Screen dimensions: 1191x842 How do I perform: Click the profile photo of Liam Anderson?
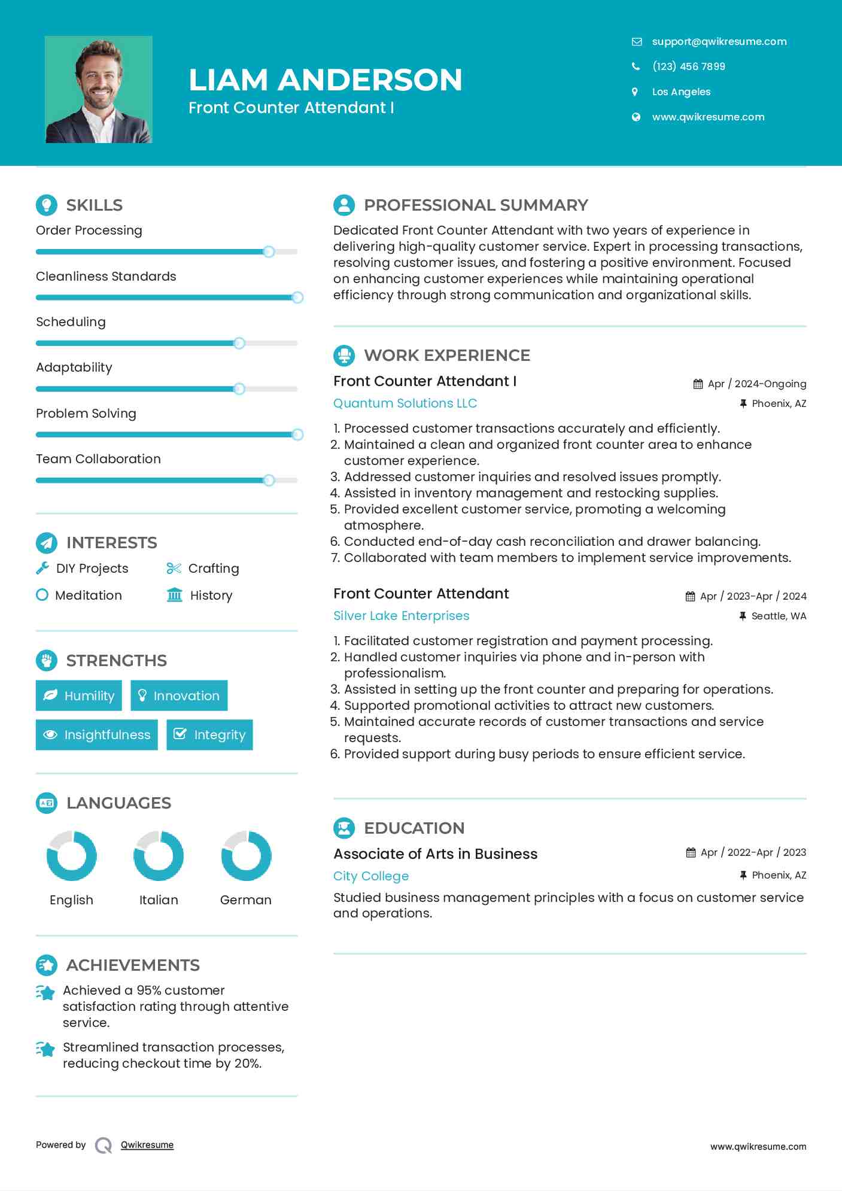point(99,90)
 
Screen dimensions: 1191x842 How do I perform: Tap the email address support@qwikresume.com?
point(719,41)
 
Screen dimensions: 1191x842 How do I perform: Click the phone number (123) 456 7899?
point(688,66)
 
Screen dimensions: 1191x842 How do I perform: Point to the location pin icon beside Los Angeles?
point(635,92)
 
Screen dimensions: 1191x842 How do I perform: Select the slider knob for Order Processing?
point(269,252)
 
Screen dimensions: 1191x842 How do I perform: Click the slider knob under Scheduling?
point(239,344)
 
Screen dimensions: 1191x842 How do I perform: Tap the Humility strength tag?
point(79,695)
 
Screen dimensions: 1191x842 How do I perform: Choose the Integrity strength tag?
point(209,734)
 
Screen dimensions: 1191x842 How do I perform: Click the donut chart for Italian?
point(159,856)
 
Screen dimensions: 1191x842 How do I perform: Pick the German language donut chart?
point(246,856)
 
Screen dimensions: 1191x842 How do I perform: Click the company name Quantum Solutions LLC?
point(405,403)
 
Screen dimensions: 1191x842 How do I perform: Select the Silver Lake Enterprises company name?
point(401,616)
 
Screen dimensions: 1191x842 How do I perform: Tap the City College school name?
point(371,876)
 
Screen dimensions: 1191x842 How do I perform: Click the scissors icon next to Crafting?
point(174,569)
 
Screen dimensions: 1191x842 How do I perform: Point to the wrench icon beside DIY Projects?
point(42,569)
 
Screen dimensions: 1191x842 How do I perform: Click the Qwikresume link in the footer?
point(147,1145)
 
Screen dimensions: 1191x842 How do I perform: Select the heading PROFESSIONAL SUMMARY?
point(476,205)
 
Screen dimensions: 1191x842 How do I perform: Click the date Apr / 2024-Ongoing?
point(756,384)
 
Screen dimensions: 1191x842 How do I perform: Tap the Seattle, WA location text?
point(779,616)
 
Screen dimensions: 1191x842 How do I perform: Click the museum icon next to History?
point(174,595)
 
